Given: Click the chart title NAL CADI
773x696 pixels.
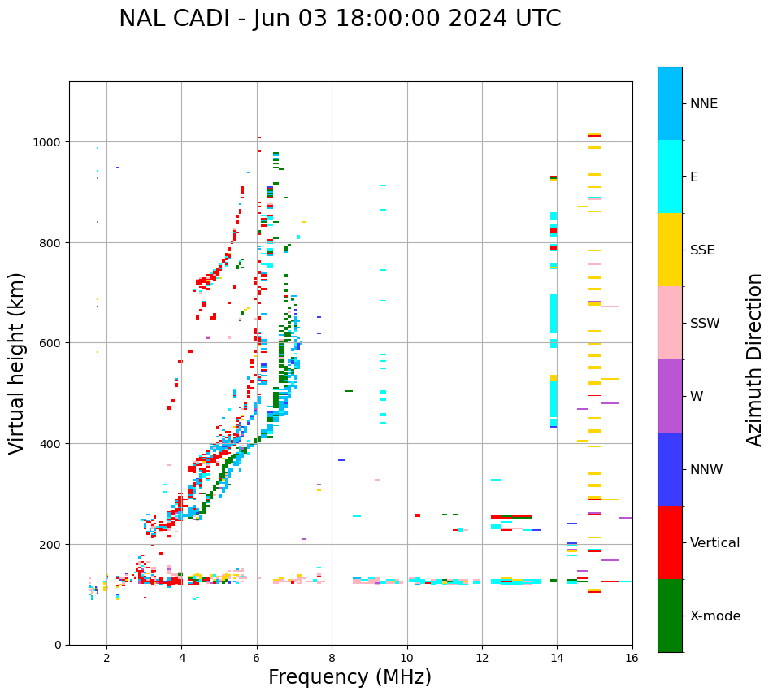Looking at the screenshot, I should click(x=340, y=19).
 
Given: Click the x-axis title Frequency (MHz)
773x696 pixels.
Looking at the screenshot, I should click(x=350, y=677).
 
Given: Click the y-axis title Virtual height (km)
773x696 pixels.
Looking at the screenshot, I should click(x=17, y=363).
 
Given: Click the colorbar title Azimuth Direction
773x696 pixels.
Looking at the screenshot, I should click(x=755, y=359).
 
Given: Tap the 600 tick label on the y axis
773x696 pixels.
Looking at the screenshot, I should click(x=51, y=343).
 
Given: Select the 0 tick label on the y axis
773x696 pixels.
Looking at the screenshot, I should click(x=58, y=645).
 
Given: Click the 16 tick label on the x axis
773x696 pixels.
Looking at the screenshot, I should click(x=632, y=659).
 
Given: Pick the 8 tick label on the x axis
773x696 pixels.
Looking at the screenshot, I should click(x=332, y=659).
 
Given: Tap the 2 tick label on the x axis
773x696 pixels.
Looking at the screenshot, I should click(x=106, y=659).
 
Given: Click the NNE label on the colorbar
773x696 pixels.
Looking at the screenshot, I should click(x=704, y=104).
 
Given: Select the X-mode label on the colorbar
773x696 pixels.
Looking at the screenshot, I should click(x=715, y=616).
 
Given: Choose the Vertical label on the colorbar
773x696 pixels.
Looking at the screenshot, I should click(x=715, y=543).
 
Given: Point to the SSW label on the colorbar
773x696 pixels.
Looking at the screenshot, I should click(x=705, y=324).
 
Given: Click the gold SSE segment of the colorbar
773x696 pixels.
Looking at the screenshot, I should click(x=670, y=250).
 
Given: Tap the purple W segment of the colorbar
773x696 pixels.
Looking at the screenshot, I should click(x=670, y=396).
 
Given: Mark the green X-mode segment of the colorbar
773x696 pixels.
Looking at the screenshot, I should click(x=670, y=616).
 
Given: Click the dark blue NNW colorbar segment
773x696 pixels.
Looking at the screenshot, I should click(x=670, y=469).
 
